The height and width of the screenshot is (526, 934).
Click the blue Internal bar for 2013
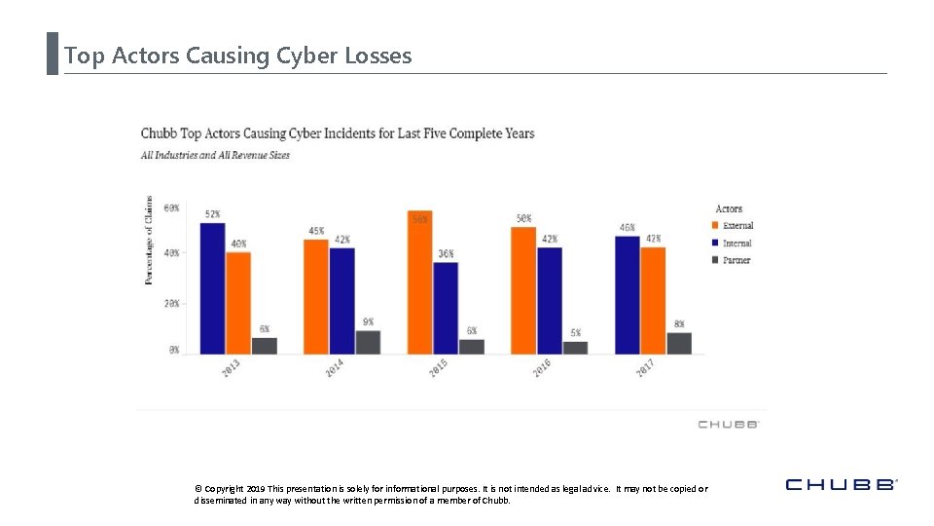pos(212,288)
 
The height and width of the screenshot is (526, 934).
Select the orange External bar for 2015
pos(420,282)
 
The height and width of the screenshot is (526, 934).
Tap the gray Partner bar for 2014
pos(368,342)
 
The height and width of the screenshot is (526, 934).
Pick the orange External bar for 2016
pos(523,290)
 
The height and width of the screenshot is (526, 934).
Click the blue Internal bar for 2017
pos(628,294)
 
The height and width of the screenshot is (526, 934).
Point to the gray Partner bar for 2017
pos(679,343)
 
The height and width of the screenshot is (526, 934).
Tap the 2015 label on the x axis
pos(438,369)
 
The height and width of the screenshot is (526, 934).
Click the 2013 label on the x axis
pos(232,369)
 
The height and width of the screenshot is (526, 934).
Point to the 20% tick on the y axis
pos(171,304)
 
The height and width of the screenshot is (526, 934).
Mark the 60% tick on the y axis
pos(171,208)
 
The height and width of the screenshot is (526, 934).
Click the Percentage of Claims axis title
pos(149,241)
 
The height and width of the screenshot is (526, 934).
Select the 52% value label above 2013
pos(212,214)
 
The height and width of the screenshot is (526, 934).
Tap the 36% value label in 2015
pos(446,253)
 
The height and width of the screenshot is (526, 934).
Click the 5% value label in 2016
pos(576,333)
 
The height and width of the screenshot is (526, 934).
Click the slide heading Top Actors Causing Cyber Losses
pos(238,56)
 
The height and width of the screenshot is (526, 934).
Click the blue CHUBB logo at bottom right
pos(840,484)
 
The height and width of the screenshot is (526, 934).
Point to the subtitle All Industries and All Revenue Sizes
pos(215,155)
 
